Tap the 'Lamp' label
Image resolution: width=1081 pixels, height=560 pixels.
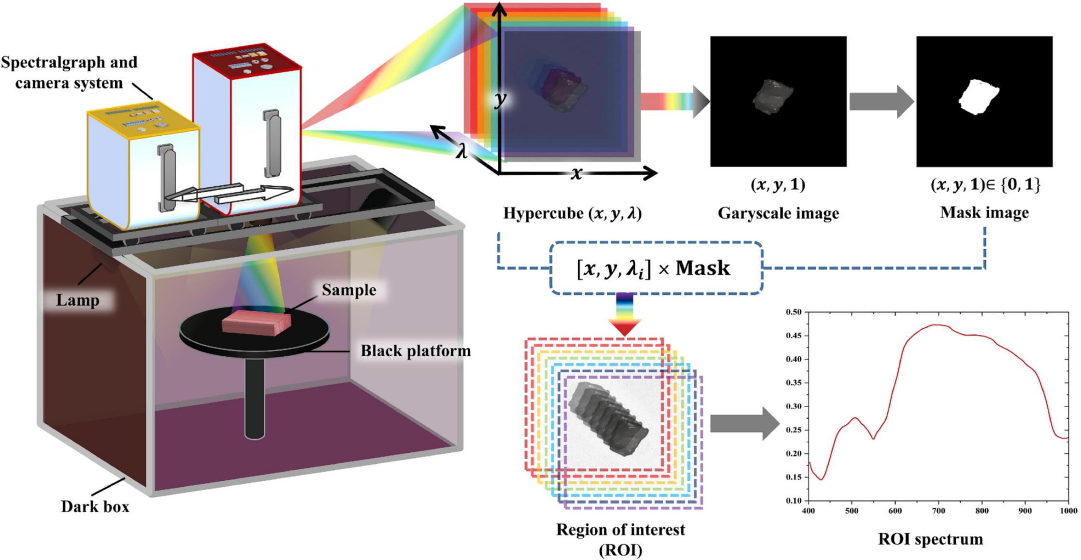(77, 300)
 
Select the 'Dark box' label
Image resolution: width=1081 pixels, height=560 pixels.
(95, 507)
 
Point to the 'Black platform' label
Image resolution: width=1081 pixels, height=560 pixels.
(416, 350)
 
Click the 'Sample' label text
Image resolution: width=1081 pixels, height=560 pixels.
(349, 290)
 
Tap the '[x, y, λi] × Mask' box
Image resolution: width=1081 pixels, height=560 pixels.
(656, 268)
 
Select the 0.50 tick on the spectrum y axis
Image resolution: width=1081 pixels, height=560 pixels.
(793, 312)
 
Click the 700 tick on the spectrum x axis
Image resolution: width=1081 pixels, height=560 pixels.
(938, 511)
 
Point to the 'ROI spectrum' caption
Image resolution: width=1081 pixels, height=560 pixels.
(930, 539)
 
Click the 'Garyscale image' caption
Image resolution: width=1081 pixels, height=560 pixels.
(778, 213)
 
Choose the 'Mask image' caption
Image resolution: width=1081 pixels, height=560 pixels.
(984, 212)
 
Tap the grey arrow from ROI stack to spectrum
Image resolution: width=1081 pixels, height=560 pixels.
(744, 423)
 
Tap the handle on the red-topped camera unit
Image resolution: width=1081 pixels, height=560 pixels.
(271, 143)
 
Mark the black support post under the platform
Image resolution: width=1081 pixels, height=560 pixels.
(255, 398)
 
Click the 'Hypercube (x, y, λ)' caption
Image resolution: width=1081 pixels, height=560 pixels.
(573, 213)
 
